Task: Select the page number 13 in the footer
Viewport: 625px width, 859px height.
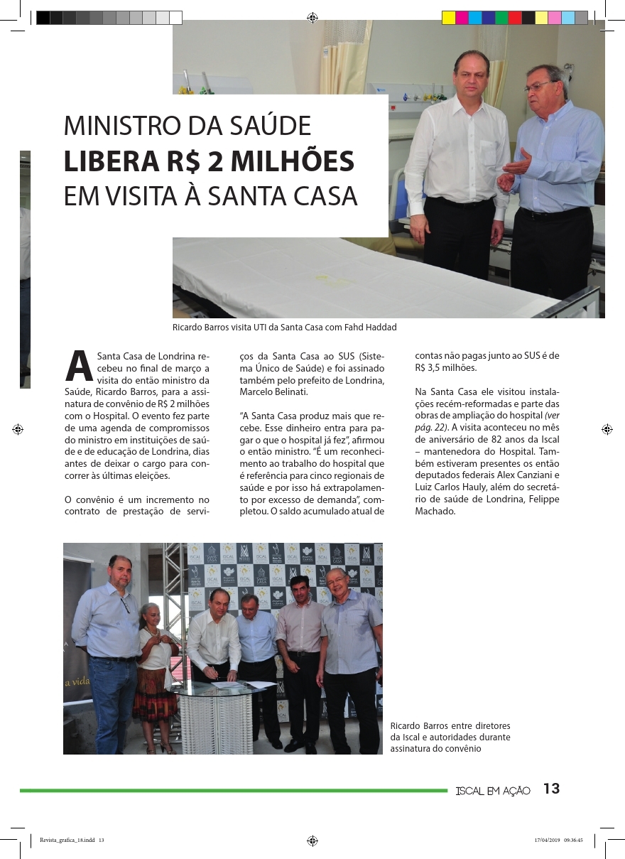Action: tap(551, 789)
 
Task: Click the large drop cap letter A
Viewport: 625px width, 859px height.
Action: tap(79, 365)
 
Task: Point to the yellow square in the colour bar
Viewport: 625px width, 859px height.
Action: tap(448, 18)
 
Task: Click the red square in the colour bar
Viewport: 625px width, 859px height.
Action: tap(515, 18)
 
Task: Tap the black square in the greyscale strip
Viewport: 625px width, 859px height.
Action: tap(43, 18)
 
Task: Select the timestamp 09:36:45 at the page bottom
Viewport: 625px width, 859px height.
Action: tap(573, 840)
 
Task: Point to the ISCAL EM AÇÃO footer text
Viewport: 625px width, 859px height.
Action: tap(493, 791)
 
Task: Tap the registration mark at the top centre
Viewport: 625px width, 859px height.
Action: tap(312, 18)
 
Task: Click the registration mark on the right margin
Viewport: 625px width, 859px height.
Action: tap(607, 429)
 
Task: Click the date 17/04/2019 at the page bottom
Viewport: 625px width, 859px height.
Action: tap(546, 840)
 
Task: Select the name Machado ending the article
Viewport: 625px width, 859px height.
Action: tap(435, 511)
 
